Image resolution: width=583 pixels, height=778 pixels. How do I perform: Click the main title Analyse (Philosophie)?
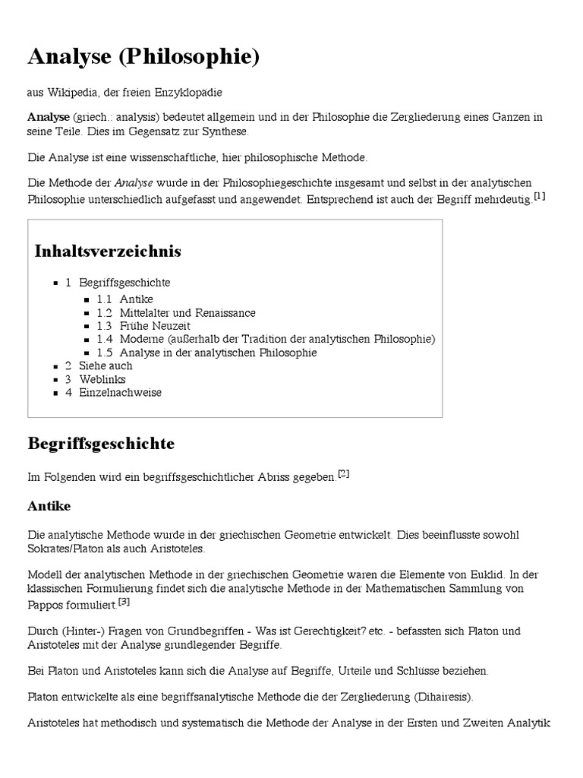(143, 56)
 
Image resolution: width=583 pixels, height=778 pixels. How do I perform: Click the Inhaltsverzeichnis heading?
(108, 251)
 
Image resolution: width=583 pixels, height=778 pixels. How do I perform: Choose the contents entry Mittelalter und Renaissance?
(187, 313)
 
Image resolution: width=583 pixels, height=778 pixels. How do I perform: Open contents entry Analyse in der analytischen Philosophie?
(217, 353)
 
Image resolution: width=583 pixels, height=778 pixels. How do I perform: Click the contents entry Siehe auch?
(105, 365)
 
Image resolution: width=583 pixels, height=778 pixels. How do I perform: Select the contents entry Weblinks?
(102, 379)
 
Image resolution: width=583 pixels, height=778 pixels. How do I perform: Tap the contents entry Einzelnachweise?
(119, 393)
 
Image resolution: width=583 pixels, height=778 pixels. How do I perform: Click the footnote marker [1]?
(540, 196)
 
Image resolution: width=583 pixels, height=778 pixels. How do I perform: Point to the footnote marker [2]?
(343, 474)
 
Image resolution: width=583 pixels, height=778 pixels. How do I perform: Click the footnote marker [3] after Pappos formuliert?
(124, 602)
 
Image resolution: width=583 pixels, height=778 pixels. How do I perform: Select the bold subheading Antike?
(49, 505)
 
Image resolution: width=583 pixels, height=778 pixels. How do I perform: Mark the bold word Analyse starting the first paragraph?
(49, 118)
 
